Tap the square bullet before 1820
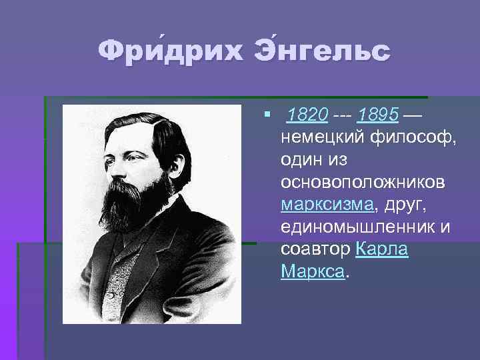coord(267,117)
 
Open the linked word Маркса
coord(313,271)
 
